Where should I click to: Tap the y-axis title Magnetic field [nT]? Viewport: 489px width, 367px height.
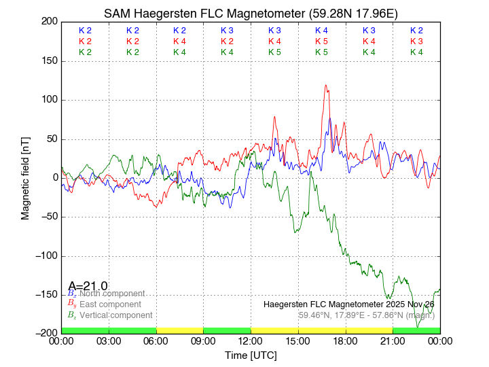[x=25, y=177]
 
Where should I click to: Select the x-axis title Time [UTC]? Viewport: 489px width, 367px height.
[x=251, y=355]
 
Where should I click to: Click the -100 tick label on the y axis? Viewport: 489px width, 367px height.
[x=45, y=256]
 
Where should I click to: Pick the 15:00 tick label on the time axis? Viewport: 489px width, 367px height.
[x=298, y=341]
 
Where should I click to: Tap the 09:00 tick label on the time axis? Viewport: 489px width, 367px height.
[x=204, y=341]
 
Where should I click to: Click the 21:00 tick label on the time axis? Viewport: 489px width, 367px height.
[x=393, y=341]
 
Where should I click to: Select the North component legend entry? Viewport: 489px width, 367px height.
[x=109, y=294]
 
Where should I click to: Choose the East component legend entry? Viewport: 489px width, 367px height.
[x=109, y=304]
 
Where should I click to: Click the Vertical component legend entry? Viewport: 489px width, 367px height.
[x=112, y=315]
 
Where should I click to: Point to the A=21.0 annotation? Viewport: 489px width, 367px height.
[x=88, y=286]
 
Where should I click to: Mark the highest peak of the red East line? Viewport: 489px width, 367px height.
[x=326, y=86]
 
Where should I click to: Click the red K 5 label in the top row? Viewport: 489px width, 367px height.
[x=321, y=41]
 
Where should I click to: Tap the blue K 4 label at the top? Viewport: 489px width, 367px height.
[x=321, y=31]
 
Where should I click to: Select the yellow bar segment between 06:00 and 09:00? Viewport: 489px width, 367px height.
[x=180, y=330]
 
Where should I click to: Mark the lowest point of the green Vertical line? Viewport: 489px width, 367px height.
[x=418, y=327]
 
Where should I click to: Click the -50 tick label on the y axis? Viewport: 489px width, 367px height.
[x=48, y=217]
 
